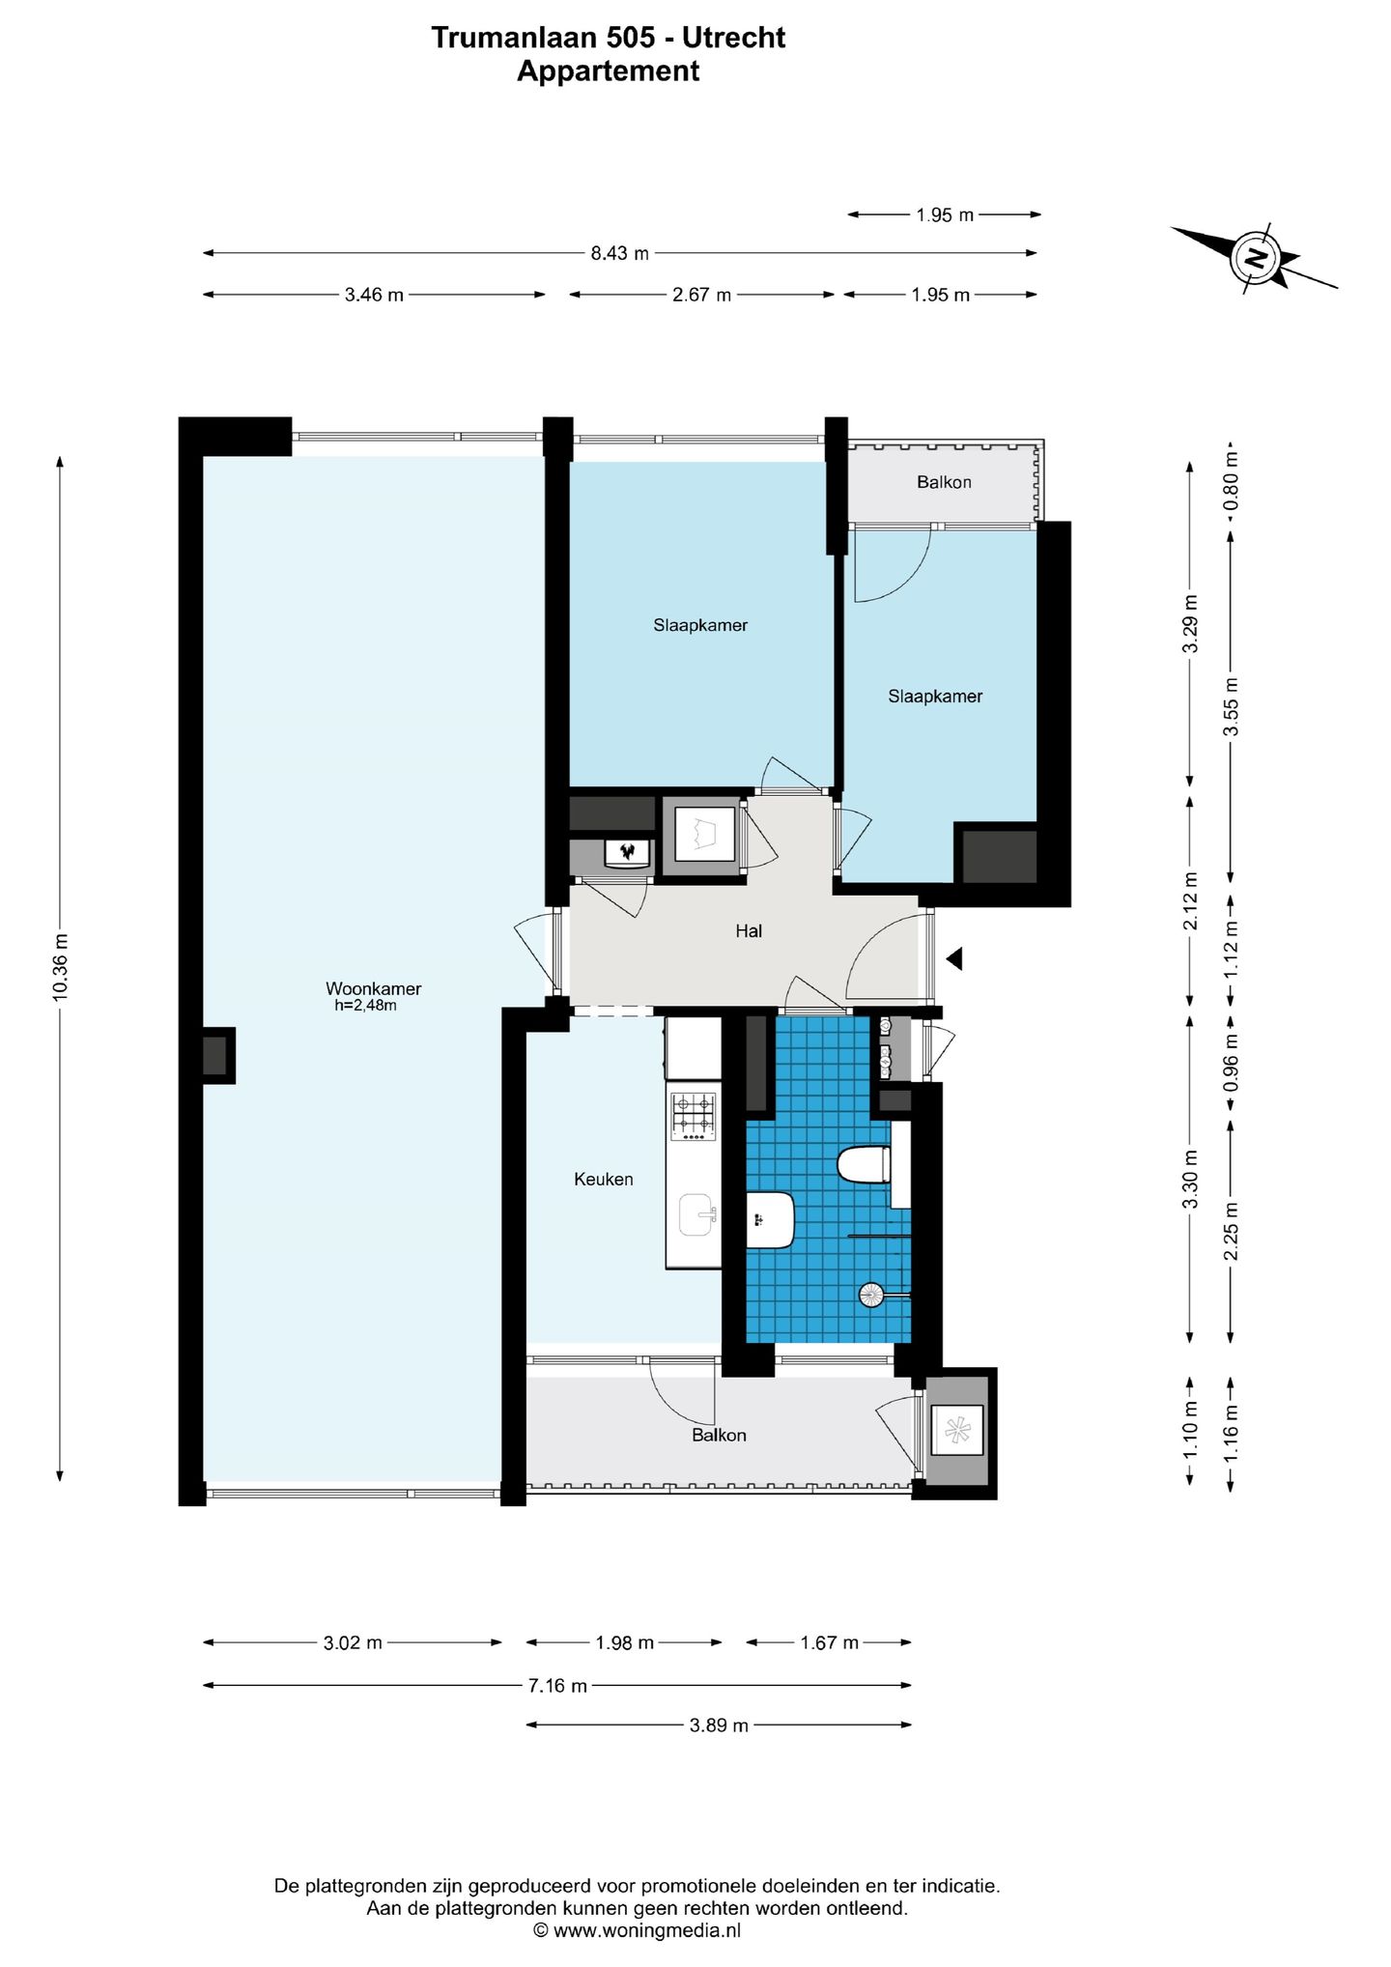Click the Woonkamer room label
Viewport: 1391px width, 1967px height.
[x=373, y=988]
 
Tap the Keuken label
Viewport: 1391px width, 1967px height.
[x=604, y=1179]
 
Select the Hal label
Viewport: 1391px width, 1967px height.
[x=749, y=930]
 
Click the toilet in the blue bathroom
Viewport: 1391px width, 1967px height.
[x=864, y=1164]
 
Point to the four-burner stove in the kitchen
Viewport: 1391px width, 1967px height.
[x=694, y=1115]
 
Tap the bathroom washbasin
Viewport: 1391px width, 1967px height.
[x=771, y=1219]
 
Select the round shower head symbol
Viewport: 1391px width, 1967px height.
[x=871, y=1295]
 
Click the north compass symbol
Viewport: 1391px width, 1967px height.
[x=1254, y=258]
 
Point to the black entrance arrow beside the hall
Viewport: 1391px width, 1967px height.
[x=954, y=958]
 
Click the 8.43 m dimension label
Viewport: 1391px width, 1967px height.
[x=620, y=253]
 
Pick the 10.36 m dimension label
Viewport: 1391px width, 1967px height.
[x=61, y=967]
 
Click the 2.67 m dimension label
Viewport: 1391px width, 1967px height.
[x=701, y=295]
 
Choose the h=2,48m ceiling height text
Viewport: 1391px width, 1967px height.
[x=366, y=1005]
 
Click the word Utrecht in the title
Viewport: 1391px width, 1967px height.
[x=734, y=38]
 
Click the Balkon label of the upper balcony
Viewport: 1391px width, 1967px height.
[x=944, y=482]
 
